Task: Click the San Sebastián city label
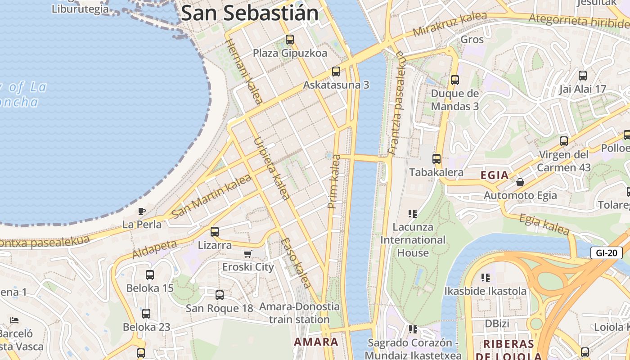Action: [x=250, y=13]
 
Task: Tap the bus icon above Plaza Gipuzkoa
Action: [x=290, y=40]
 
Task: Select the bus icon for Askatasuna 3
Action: [x=336, y=71]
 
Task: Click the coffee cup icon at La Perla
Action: [x=142, y=211]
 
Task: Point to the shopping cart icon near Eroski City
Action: [x=248, y=254]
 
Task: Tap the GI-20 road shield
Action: [x=606, y=253]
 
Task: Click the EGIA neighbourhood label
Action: [x=495, y=175]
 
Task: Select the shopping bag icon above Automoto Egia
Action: [x=520, y=182]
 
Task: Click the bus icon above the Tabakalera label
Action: [x=436, y=158]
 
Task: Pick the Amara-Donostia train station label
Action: [x=299, y=313]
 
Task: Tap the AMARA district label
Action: [x=316, y=342]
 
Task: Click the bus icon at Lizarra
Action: [x=215, y=232]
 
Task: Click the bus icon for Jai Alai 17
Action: [x=583, y=76]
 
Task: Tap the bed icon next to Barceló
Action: [x=14, y=320]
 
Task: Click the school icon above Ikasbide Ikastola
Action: [x=485, y=277]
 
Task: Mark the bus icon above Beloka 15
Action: [x=150, y=274]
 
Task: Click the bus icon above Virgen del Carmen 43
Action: [x=564, y=141]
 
